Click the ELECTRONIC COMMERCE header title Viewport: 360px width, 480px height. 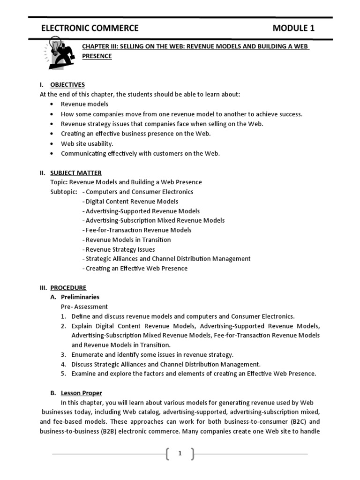pos(90,29)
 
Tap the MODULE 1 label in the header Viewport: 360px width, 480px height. pos(293,29)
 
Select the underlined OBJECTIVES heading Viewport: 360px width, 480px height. pos(67,85)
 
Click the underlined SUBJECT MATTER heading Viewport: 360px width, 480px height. pos(75,172)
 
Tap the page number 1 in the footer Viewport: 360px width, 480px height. pos(180,453)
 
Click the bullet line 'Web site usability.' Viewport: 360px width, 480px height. pos(87,143)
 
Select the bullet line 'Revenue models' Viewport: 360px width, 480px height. pos(84,104)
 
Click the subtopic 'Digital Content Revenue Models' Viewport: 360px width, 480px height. pos(132,201)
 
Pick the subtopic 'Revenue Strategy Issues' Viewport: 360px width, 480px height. pos(120,249)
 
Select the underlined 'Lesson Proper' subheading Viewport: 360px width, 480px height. pos(81,393)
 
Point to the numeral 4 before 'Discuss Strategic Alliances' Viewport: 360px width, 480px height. pos(63,364)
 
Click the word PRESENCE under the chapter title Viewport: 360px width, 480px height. pos(97,56)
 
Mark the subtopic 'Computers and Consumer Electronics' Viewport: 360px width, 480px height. pos(139,192)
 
